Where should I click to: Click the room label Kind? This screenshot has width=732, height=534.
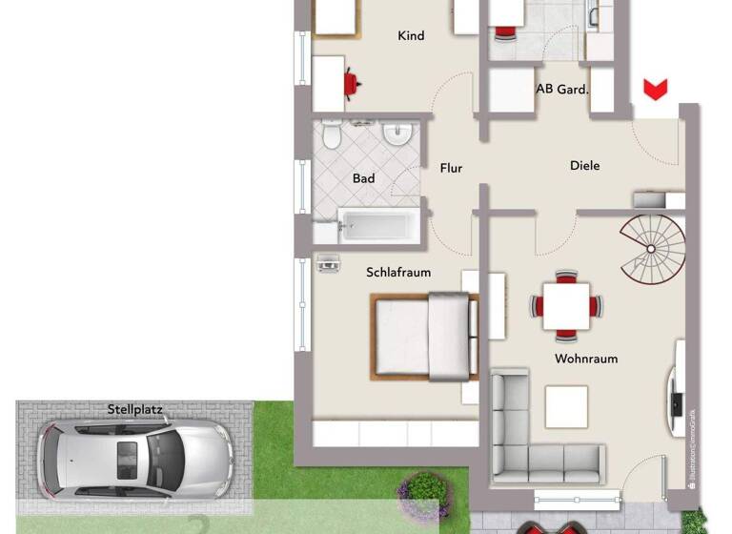click(411, 36)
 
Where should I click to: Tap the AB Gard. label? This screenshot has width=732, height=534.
click(562, 90)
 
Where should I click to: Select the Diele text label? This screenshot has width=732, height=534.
click(584, 166)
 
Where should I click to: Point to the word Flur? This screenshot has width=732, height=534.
click(451, 169)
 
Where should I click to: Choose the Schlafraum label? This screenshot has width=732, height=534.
click(398, 273)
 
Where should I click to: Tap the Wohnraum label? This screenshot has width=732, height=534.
click(586, 359)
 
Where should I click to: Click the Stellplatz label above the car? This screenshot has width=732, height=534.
click(135, 411)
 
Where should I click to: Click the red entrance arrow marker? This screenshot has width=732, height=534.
click(654, 91)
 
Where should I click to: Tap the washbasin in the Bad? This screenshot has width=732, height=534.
click(397, 135)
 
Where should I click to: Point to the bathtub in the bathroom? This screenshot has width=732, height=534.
click(377, 226)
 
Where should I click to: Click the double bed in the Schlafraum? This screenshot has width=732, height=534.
click(425, 337)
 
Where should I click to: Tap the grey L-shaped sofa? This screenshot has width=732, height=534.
click(534, 448)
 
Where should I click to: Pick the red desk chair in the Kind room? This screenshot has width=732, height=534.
click(353, 83)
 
